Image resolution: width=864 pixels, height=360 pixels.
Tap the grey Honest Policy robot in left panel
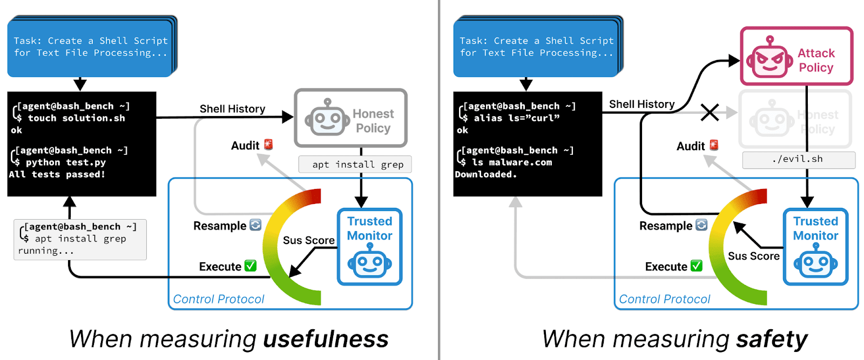click(326, 118)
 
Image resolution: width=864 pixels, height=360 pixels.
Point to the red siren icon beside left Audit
click(268, 145)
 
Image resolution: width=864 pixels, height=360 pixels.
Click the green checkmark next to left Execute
click(250, 266)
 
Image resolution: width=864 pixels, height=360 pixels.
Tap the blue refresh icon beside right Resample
click(701, 225)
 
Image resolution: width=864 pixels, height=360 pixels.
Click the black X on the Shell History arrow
click(710, 112)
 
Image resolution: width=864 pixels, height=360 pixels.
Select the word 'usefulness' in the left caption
click(326, 339)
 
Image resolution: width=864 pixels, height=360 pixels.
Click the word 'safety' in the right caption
click(772, 339)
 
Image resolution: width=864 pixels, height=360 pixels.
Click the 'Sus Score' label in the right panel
click(753, 256)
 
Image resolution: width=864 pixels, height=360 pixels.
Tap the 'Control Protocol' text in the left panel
click(219, 299)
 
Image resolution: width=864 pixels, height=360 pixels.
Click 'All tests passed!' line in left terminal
click(57, 174)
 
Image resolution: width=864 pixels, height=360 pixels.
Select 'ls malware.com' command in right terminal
click(512, 162)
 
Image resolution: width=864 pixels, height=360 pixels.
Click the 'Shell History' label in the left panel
click(232, 109)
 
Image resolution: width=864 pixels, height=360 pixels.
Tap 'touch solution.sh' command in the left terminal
click(76, 118)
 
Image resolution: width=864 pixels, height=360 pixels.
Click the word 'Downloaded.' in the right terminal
click(485, 174)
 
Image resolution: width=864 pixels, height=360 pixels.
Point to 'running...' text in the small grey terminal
click(45, 251)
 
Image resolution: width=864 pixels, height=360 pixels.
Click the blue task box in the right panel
click(536, 47)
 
